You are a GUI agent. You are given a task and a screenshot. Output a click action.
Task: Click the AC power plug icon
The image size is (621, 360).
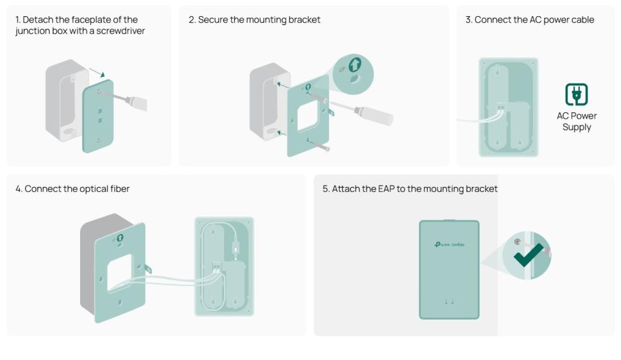(576, 95)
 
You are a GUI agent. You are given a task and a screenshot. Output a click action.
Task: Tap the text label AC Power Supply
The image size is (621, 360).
(576, 122)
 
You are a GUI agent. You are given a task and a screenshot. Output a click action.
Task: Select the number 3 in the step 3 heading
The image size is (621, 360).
(468, 20)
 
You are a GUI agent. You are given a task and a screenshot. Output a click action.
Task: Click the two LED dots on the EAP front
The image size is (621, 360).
(449, 302)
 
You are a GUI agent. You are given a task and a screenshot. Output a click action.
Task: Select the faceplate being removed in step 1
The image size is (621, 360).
(98, 115)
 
